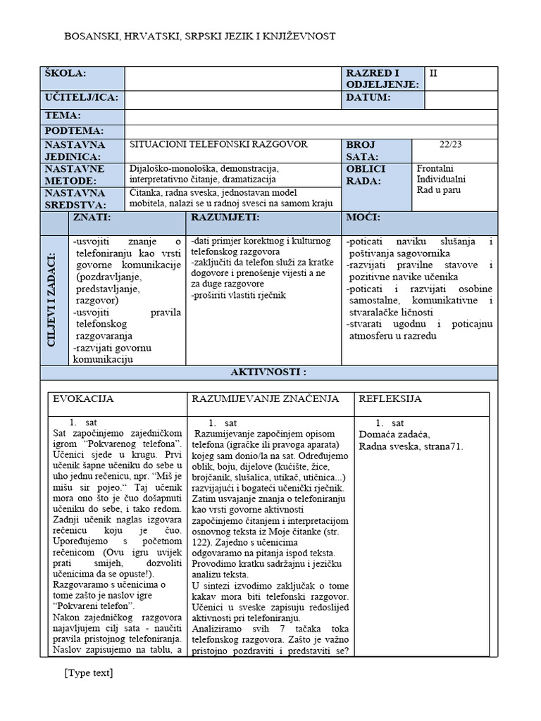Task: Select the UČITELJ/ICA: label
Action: point(81,97)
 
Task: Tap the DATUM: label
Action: point(367,97)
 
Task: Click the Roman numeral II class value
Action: point(433,72)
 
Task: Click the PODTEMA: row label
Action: point(74,130)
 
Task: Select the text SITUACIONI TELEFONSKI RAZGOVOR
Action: point(218,144)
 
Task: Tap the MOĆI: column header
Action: point(363,217)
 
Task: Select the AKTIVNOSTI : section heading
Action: point(268,372)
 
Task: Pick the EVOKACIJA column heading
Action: point(83,399)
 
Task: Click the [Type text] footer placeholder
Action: point(88,672)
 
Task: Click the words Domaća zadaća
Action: point(394,434)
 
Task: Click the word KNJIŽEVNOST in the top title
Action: point(294,35)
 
